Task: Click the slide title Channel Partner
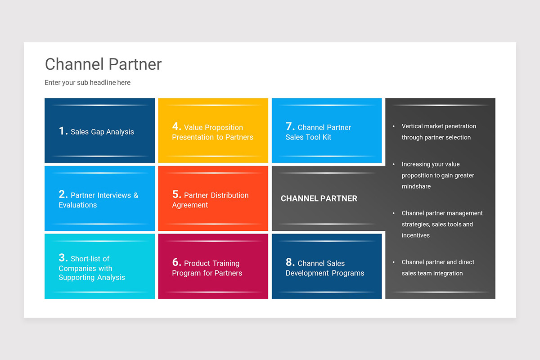[x=103, y=64]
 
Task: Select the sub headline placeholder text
[x=87, y=83]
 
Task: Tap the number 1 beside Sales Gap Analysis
[x=63, y=131]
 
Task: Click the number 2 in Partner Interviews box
[x=63, y=194]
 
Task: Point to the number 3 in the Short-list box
[x=63, y=258]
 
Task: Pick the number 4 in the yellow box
[x=176, y=126]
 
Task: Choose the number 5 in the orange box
[x=176, y=194]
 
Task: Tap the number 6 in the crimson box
[x=176, y=262]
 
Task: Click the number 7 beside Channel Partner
[x=290, y=126]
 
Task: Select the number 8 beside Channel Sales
[x=290, y=262]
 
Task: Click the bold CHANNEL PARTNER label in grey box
[x=319, y=198]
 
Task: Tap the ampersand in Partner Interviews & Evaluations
[x=136, y=195]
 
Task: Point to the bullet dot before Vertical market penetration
[x=394, y=126]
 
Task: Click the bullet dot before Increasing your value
[x=394, y=164]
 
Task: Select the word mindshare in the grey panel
[x=416, y=186]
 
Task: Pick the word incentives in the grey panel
[x=416, y=235]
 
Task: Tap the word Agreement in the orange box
[x=190, y=205]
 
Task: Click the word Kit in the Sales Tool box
[x=326, y=137]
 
